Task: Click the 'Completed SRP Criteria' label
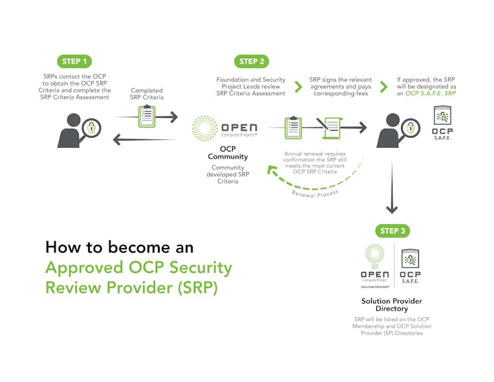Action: tap(147, 95)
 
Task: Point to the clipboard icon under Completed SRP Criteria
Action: tap(146, 117)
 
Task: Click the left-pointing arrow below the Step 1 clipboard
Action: tap(144, 140)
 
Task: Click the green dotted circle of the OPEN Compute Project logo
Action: tap(206, 128)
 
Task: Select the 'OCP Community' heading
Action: tap(227, 152)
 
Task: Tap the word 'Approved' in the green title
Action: tap(83, 268)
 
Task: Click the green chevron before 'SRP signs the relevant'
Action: tap(298, 86)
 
